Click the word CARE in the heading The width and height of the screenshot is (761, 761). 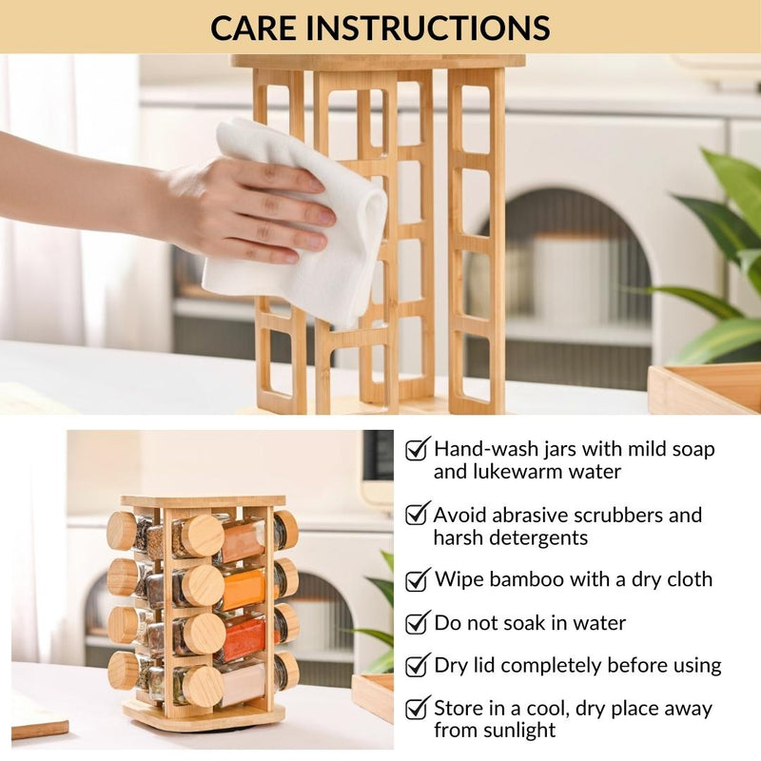coord(252,28)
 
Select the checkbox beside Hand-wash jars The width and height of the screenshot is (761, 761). coord(418,448)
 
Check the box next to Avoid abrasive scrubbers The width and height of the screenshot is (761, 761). coord(418,514)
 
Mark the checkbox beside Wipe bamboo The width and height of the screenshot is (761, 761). coord(418,579)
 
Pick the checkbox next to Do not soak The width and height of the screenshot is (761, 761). coord(418,623)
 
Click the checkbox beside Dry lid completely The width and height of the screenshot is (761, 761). coord(418,665)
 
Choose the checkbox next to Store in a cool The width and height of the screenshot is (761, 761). coord(418,708)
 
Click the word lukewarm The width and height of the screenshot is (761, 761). coord(515,472)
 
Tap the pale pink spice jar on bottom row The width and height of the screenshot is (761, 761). coord(243,684)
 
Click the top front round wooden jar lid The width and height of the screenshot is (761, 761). coord(203,536)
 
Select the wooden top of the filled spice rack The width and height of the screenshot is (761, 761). coord(203,501)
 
